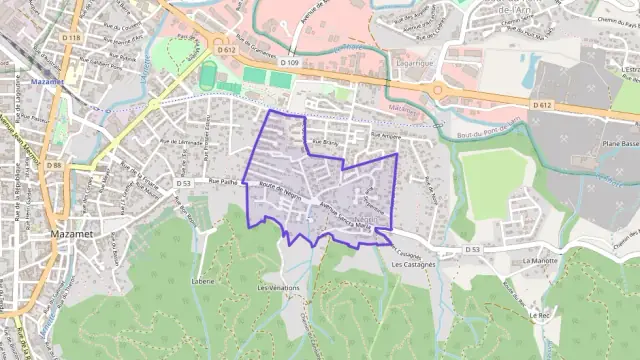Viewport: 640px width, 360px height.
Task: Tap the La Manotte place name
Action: tap(539, 259)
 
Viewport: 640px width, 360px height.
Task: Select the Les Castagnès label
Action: tap(412, 266)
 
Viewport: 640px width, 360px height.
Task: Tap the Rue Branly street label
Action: tap(321, 144)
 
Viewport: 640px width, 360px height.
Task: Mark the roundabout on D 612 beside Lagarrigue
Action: tap(437, 91)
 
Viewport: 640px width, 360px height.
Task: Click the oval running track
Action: tap(208, 75)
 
